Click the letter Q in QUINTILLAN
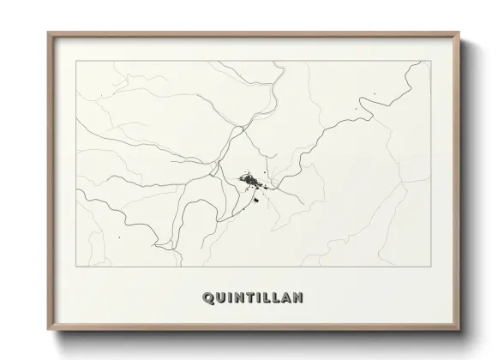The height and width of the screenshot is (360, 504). pyautogui.click(x=207, y=298)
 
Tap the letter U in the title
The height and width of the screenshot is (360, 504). pyautogui.click(x=219, y=298)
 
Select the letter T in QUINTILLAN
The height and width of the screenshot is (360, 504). pyautogui.click(x=249, y=298)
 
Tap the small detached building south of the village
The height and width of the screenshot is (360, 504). pyautogui.click(x=255, y=202)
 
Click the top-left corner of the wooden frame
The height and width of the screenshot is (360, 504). pyautogui.click(x=48, y=33)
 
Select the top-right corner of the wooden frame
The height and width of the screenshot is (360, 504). pyautogui.click(x=460, y=33)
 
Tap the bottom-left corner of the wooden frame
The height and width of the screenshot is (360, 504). pyautogui.click(x=48, y=330)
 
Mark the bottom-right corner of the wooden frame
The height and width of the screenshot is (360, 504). pyautogui.click(x=460, y=330)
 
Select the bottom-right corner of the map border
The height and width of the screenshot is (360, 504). pyautogui.click(x=428, y=267)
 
